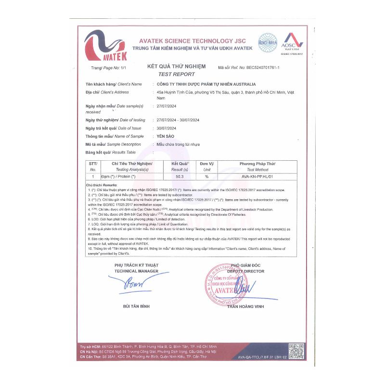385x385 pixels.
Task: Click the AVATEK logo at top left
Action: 105,46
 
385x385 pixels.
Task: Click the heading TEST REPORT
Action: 177,74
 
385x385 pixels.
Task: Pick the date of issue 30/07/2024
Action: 167,128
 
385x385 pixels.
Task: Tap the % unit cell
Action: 207,177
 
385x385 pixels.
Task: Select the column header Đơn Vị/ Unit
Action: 207,167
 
